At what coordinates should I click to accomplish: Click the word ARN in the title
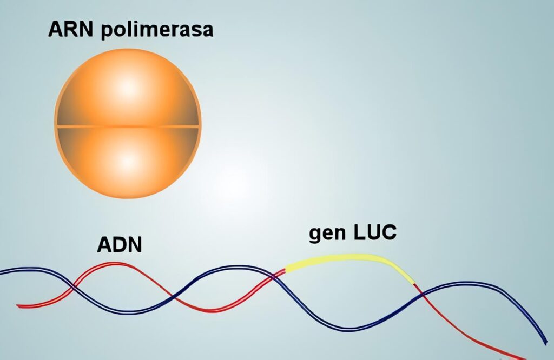70,29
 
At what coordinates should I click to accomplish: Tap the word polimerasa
157,30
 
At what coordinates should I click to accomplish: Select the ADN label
120,244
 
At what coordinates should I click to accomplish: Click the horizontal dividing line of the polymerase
128,126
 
